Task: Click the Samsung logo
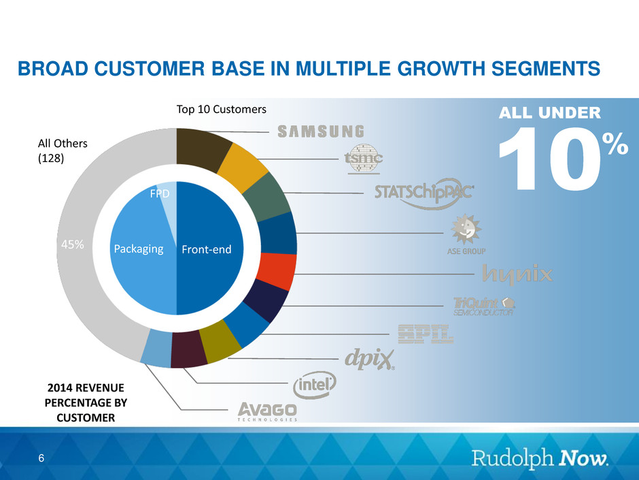point(322,131)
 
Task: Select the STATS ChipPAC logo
point(424,193)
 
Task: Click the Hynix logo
point(517,274)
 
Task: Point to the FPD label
point(159,195)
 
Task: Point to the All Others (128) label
point(63,150)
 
